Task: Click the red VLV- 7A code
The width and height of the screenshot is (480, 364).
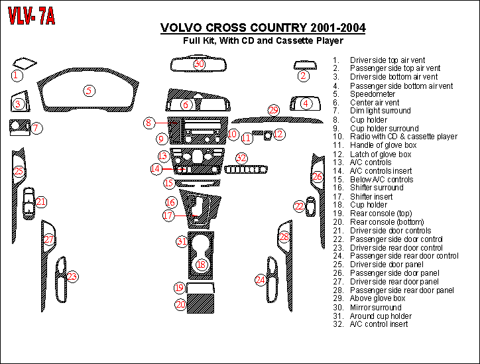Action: pyautogui.click(x=31, y=18)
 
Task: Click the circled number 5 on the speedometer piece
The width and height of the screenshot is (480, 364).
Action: pyautogui.click(x=89, y=91)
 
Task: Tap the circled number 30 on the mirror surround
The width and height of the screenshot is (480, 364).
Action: pyautogui.click(x=199, y=64)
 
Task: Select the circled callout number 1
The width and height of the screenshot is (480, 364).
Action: pyautogui.click(x=16, y=76)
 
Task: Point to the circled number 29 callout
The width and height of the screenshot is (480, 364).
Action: pyautogui.click(x=274, y=111)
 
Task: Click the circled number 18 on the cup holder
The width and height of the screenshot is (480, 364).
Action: pyautogui.click(x=202, y=265)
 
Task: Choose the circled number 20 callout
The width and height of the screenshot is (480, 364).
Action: pyautogui.click(x=180, y=305)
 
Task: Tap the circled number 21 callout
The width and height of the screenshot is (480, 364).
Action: pyautogui.click(x=41, y=202)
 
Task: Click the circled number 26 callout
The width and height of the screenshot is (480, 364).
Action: pyautogui.click(x=318, y=177)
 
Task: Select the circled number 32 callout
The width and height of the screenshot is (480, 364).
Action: pyautogui.click(x=241, y=158)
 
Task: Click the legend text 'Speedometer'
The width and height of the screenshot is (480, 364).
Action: pyautogui.click(x=373, y=94)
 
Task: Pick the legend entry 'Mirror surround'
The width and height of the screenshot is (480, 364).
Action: pyautogui.click(x=376, y=307)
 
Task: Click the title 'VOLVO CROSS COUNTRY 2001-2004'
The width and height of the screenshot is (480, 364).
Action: pyautogui.click(x=263, y=29)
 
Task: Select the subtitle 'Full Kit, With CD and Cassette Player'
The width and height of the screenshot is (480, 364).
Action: pyautogui.click(x=263, y=41)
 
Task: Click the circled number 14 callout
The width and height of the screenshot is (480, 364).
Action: pyautogui.click(x=155, y=169)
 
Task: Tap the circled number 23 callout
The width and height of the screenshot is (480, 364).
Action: pyautogui.click(x=72, y=276)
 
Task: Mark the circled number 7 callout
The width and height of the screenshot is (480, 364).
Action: pyautogui.click(x=36, y=127)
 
